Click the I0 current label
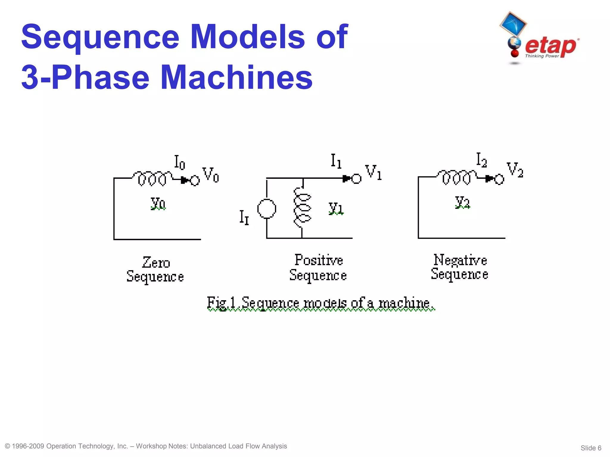180,162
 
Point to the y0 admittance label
158,203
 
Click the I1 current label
336,161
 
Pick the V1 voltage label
374,172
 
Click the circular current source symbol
267,209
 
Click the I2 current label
481,160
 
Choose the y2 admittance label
462,202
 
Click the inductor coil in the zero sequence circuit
152,178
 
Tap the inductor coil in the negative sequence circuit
456,177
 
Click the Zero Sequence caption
155,270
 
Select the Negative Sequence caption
460,267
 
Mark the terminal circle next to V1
356,179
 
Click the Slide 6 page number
591,448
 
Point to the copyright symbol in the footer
8,446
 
